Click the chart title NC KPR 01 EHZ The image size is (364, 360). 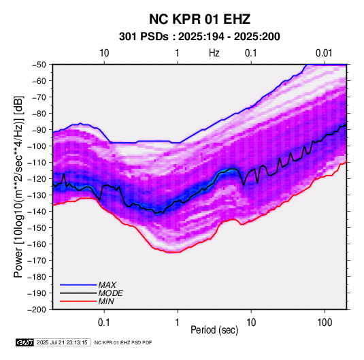[199, 19]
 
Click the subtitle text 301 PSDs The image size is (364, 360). [144, 37]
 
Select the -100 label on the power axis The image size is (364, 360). [37, 146]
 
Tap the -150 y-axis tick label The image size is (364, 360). [37, 227]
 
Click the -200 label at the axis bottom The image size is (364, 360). [37, 310]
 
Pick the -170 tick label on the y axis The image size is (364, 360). [37, 261]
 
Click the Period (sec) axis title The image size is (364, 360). [214, 330]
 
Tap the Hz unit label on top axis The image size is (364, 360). [214, 53]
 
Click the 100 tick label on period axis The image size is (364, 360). [325, 323]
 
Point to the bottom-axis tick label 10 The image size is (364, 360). [251, 323]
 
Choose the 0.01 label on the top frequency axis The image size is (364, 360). [324, 53]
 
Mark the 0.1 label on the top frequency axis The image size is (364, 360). [251, 53]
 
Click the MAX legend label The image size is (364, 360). [107, 285]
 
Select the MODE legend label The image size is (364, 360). [110, 293]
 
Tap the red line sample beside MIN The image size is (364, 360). [78, 301]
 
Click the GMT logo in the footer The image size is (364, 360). [24, 342]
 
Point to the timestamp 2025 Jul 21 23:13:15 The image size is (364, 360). [62, 342]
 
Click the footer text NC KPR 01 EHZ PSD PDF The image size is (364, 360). [123, 342]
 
